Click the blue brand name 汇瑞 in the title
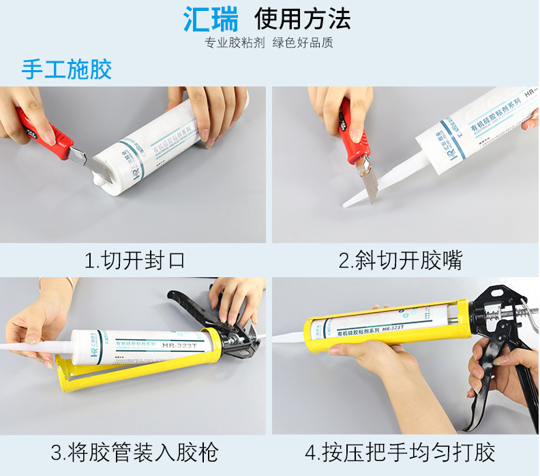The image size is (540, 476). tap(211, 19)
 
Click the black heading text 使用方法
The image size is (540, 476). tap(302, 18)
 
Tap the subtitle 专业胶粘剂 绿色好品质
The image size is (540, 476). tap(269, 43)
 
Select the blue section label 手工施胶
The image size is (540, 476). tap(66, 69)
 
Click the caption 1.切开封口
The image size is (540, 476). tap(134, 260)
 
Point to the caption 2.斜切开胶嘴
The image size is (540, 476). tap(400, 260)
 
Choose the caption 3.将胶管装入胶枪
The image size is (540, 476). tap(134, 451)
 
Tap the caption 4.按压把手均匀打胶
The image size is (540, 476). tap(400, 451)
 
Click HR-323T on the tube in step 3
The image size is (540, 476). tap(181, 345)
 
